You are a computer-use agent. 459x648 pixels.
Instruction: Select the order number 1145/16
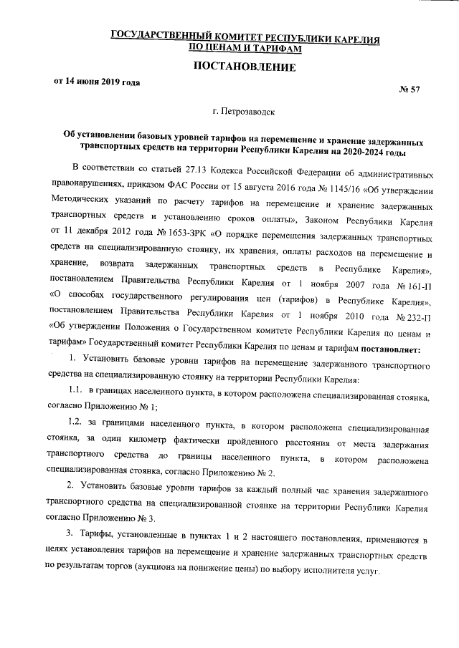(330, 189)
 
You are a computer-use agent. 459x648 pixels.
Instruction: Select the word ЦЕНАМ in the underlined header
(227, 48)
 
